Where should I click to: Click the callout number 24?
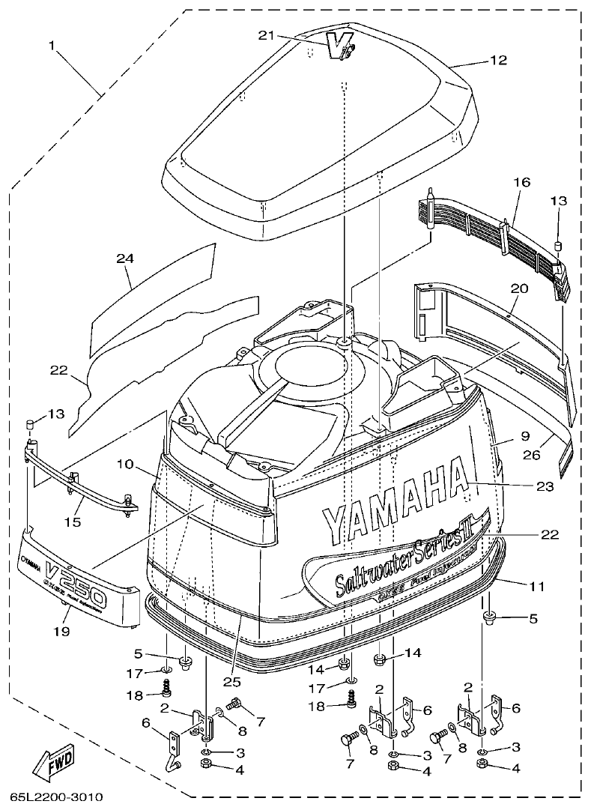pyautogui.click(x=124, y=259)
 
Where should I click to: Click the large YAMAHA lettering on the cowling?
pyautogui.click(x=394, y=502)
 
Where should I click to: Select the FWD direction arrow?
pyautogui.click(x=52, y=764)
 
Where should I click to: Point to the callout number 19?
pyautogui.click(x=61, y=632)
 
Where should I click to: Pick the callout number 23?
pyautogui.click(x=545, y=486)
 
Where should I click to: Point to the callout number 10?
pyautogui.click(x=124, y=465)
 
